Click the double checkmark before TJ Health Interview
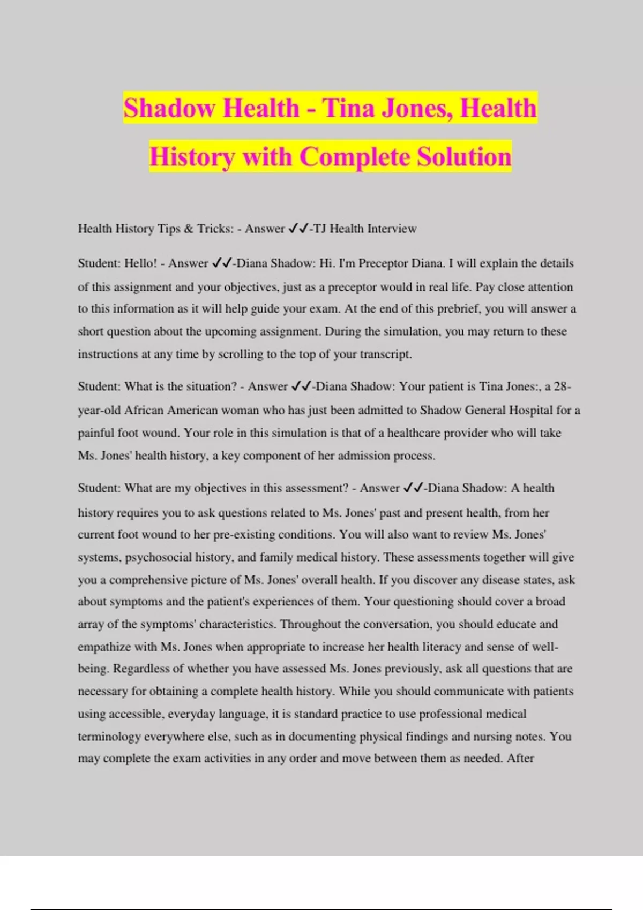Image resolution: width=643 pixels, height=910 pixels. [x=298, y=229]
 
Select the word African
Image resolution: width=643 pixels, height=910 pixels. [x=144, y=411]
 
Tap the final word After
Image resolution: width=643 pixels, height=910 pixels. [x=520, y=759]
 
